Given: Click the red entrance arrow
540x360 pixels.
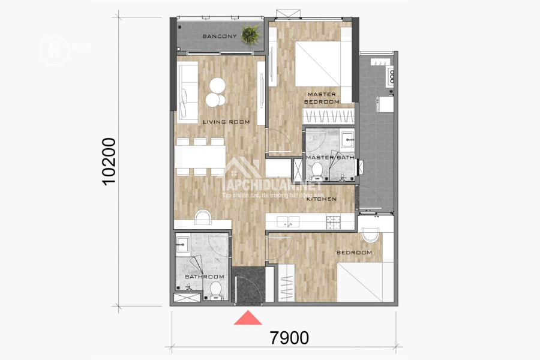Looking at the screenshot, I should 248,317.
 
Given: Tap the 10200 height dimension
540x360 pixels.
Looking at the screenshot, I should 109,161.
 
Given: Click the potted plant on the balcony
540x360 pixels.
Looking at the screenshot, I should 250,35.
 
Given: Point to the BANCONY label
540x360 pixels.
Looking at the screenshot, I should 220,37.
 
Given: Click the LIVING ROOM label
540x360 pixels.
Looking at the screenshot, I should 226,122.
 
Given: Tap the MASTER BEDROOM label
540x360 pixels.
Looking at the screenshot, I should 322,98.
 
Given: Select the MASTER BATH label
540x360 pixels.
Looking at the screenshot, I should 330,158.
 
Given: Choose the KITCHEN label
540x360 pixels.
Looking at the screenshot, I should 321,199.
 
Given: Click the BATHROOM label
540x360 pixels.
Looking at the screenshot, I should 204,277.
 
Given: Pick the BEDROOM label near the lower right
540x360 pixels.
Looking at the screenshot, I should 354,253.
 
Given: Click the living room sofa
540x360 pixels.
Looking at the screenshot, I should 187,92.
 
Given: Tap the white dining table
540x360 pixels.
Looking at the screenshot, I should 201,157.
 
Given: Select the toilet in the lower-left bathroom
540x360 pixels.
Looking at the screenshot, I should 216,291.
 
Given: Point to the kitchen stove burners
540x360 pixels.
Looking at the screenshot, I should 333,221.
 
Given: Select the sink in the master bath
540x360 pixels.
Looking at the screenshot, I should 349,142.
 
